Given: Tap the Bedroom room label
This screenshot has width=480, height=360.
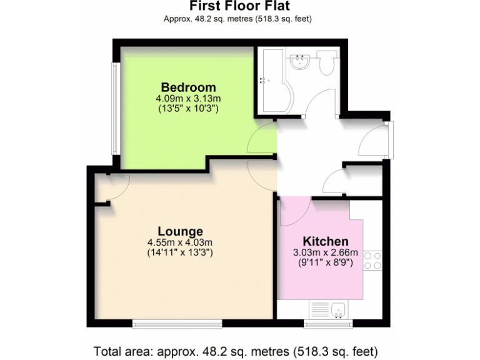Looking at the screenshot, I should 188,87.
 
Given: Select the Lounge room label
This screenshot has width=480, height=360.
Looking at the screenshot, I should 180,231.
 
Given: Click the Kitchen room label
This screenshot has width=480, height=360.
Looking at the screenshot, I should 325,241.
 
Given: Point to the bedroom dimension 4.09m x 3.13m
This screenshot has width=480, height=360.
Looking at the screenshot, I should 189,99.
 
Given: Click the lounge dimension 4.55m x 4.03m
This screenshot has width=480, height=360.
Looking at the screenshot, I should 180,242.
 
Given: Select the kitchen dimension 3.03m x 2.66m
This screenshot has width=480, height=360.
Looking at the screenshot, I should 325,252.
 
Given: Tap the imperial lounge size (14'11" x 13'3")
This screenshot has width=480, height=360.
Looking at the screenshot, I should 180,252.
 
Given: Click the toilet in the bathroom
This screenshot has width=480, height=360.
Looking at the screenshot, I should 327,63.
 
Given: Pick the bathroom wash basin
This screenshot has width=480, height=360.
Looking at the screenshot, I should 302,62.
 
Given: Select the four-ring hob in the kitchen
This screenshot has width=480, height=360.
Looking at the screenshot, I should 372,260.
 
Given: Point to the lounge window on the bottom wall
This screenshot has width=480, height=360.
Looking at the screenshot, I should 177,324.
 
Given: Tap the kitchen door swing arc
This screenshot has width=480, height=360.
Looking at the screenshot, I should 294,212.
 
